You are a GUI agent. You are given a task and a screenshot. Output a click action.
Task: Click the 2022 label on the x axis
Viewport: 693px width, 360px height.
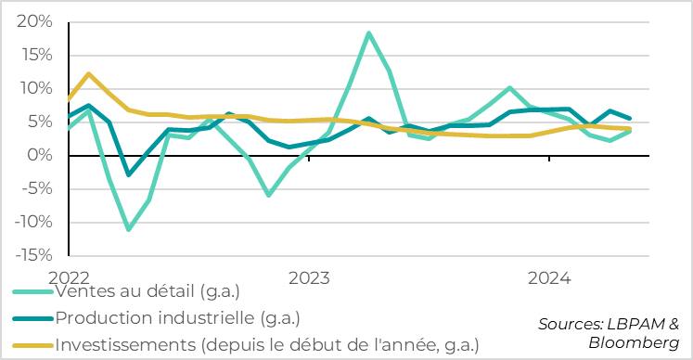68,277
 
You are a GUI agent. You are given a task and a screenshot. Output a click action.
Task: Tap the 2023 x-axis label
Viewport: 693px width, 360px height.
309,277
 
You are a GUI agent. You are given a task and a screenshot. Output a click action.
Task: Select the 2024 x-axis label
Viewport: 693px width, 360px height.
549,277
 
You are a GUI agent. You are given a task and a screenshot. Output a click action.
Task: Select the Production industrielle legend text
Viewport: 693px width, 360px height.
177,317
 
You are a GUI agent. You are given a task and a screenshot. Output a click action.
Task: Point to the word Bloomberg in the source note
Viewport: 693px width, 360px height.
634,342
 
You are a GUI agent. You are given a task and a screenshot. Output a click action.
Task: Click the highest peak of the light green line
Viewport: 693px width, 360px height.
369,33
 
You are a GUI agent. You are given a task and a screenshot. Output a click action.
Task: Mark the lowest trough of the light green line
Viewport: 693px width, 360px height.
128,228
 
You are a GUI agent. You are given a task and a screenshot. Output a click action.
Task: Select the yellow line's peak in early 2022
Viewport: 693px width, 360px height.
88,74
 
